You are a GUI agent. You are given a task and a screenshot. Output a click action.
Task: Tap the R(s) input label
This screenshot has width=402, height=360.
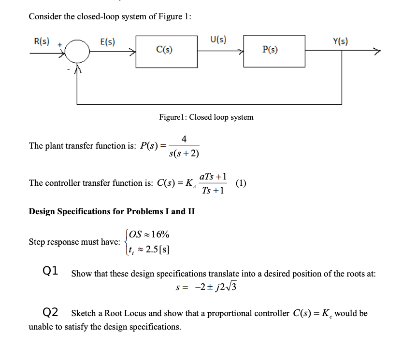tap(42, 41)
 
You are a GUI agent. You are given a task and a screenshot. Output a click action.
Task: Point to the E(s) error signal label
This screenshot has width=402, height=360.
tap(108, 42)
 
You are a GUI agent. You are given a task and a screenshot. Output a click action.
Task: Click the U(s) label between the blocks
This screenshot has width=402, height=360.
tap(218, 40)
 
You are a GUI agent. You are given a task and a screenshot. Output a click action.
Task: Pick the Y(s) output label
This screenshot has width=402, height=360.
tap(341, 41)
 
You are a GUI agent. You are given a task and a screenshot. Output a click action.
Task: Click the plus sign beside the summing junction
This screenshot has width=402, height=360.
tap(60, 45)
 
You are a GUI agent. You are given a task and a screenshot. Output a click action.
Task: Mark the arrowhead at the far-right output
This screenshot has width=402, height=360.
tap(377, 51)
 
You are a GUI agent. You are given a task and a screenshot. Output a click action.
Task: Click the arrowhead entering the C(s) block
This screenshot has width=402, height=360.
tap(132, 52)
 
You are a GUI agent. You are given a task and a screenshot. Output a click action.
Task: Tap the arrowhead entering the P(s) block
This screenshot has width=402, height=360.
tap(241, 51)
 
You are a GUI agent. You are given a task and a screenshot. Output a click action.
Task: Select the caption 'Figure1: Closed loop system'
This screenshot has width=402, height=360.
tap(206, 117)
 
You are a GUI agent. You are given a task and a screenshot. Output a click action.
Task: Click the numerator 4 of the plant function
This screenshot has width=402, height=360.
tap(184, 139)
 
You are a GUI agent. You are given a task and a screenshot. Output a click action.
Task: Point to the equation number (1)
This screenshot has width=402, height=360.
tap(241, 183)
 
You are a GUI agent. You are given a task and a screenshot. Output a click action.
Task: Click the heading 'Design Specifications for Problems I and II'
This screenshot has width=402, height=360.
tap(112, 211)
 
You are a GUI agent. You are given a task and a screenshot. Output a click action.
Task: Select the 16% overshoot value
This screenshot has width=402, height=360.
tap(160, 234)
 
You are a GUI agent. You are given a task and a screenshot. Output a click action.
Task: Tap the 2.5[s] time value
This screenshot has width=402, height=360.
tap(158, 249)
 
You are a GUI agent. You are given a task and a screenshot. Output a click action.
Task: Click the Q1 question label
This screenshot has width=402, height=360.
tap(50, 271)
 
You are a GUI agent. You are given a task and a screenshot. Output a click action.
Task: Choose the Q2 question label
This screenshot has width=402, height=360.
tap(50, 312)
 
